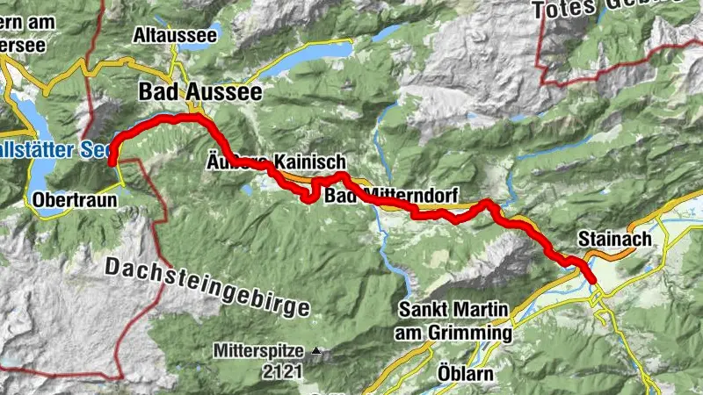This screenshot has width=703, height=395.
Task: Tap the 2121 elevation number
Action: tap(281, 371)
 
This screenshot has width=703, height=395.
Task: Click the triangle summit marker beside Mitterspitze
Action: tap(315, 352)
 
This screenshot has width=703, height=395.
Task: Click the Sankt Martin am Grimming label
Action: tap(454, 320)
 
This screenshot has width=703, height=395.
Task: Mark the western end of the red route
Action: tap(112, 162)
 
